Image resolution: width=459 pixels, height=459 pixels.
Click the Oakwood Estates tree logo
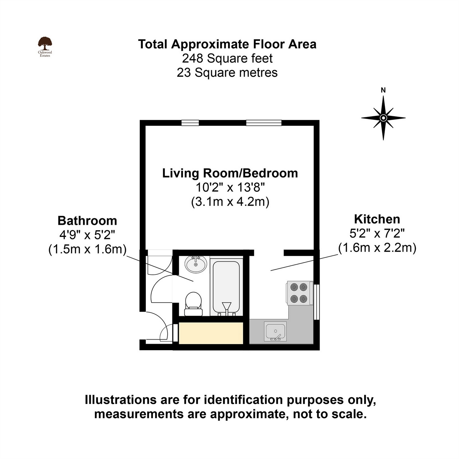[45, 44]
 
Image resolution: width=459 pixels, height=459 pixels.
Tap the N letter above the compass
[383, 90]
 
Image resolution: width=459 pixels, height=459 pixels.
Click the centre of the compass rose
[383, 118]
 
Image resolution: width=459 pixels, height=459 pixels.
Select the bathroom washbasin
[196, 264]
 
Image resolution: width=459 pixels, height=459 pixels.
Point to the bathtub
[226, 287]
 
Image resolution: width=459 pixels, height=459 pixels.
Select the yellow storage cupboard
[211, 333]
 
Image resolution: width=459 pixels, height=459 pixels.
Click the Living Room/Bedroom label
[230, 173]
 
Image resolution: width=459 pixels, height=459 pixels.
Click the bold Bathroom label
[87, 221]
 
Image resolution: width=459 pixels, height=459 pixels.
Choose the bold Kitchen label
[377, 219]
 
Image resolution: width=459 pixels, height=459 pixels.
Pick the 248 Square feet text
[227, 58]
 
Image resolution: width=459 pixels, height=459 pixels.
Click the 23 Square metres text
[227, 73]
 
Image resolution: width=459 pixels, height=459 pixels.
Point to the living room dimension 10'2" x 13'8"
[230, 187]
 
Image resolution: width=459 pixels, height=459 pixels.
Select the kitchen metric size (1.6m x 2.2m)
[377, 248]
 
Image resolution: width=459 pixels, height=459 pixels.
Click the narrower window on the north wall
[190, 123]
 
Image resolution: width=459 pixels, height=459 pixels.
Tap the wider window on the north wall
[264, 123]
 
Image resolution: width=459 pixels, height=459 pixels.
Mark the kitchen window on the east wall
[317, 302]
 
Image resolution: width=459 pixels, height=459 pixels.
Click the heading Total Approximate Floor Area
[227, 44]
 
